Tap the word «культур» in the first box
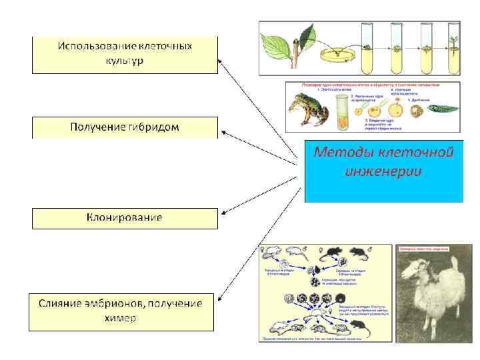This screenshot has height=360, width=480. (125, 61)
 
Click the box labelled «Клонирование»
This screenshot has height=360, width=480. (125, 218)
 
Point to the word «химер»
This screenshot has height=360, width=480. (121, 318)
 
